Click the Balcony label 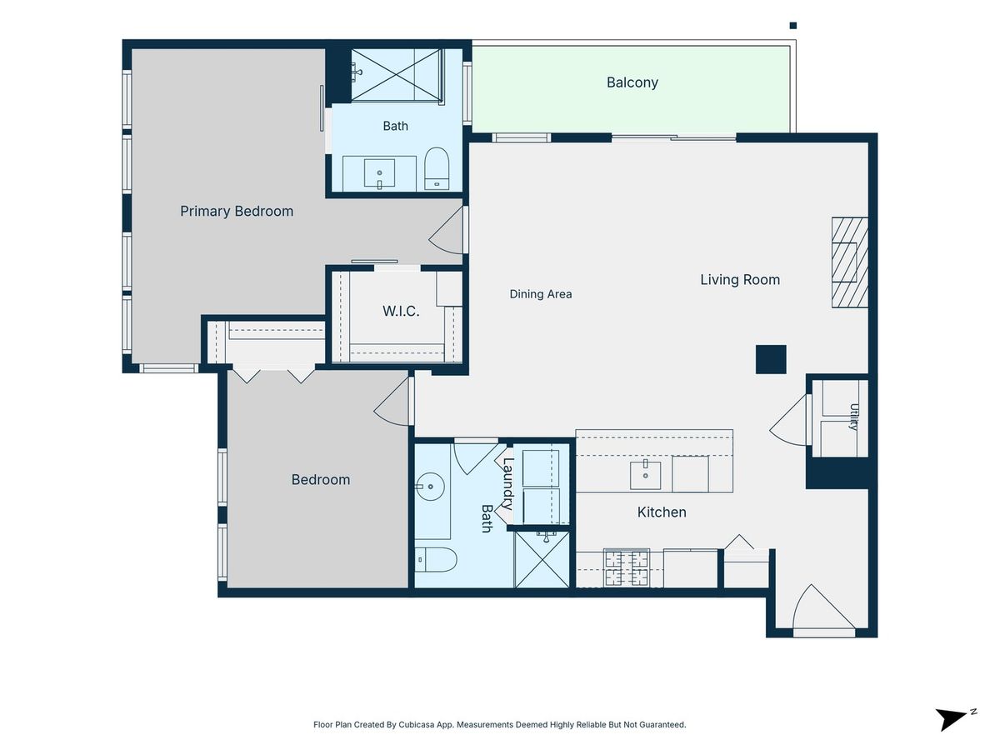click(x=632, y=82)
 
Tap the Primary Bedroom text click(x=237, y=212)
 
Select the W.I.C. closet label click(x=401, y=311)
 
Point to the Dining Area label click(x=540, y=294)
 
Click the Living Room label click(x=739, y=280)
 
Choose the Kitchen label click(x=662, y=512)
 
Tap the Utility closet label click(x=854, y=417)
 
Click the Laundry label click(x=507, y=483)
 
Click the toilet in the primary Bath click(x=437, y=168)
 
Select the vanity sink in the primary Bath click(x=379, y=173)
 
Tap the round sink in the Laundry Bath click(x=430, y=487)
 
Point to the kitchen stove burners click(x=627, y=568)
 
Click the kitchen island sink click(x=645, y=475)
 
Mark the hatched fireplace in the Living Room click(x=850, y=262)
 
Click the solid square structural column click(x=771, y=360)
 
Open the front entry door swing click(x=822, y=607)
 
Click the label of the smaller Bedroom click(x=321, y=479)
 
